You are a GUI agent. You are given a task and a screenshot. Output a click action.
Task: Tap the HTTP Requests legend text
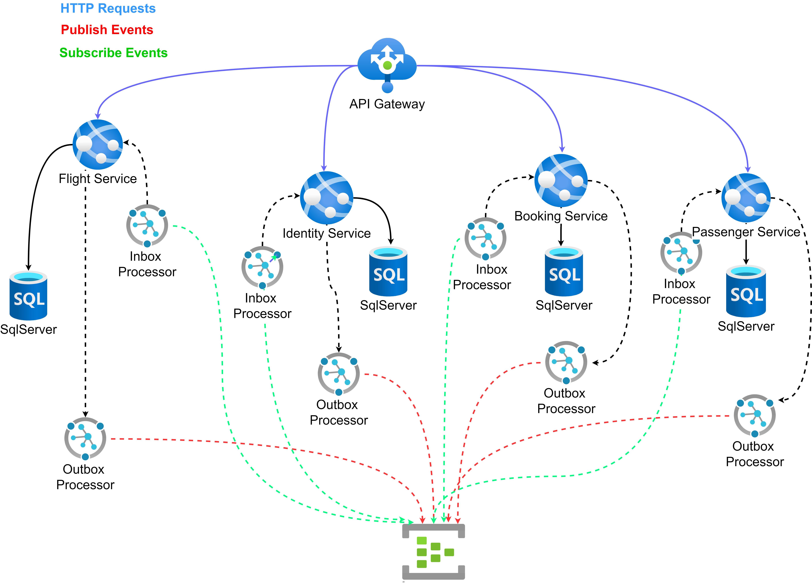click(108, 8)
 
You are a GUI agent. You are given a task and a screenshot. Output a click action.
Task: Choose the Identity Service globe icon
click(327, 198)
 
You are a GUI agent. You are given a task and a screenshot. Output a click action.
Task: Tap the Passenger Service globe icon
click(746, 198)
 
